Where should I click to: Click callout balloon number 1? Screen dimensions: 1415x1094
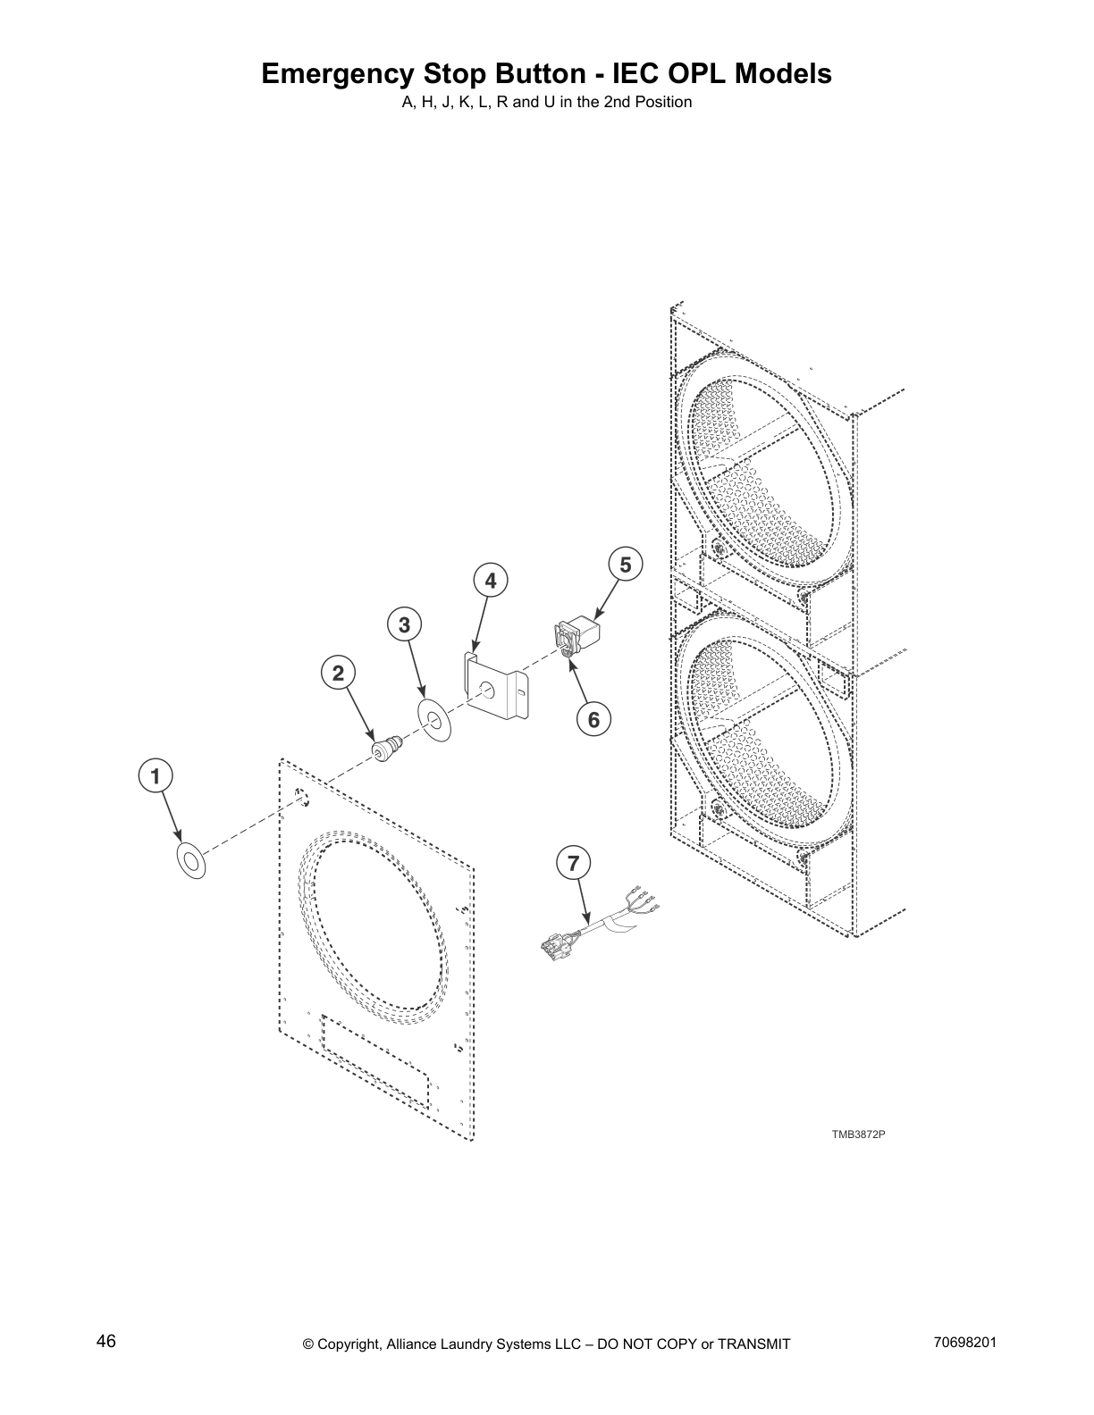click(x=156, y=776)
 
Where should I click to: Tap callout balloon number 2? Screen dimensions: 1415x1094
click(x=338, y=674)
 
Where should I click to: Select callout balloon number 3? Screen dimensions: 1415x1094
click(x=405, y=625)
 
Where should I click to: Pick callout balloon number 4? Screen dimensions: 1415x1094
click(x=490, y=582)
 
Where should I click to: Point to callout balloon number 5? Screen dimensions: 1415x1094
click(x=625, y=565)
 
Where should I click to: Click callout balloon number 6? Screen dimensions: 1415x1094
click(x=593, y=718)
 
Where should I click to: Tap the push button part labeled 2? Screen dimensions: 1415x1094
click(x=387, y=748)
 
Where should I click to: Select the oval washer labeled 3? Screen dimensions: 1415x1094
click(x=435, y=719)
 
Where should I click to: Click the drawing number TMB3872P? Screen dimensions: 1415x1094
click(x=858, y=1135)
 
